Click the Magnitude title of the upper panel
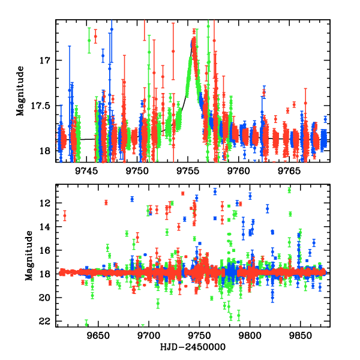tap(22, 91)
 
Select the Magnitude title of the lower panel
tap(29, 256)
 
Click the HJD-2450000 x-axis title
tap(193, 347)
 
